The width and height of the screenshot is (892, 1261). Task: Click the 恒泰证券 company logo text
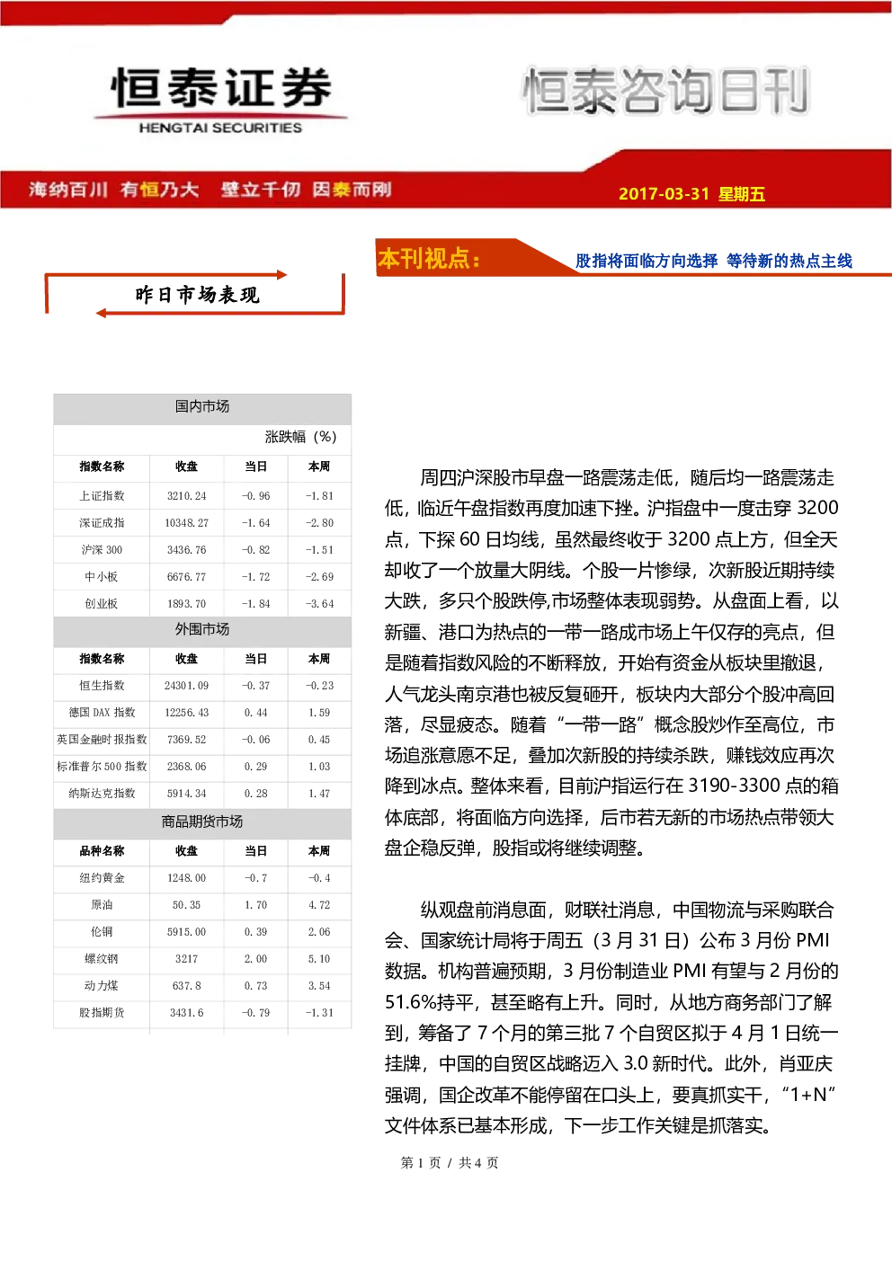click(220, 88)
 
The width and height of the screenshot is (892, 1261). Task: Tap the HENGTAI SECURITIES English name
click(220, 128)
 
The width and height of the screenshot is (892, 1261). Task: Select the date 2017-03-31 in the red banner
click(664, 193)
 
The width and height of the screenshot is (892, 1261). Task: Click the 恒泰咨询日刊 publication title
click(666, 91)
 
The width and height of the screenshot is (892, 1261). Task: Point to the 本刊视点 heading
click(429, 258)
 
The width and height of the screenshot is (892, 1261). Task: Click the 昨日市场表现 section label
click(197, 295)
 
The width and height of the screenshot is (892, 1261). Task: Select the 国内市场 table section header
click(202, 406)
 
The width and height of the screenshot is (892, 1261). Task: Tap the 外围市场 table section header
click(202, 629)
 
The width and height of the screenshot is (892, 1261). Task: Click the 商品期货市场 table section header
click(202, 821)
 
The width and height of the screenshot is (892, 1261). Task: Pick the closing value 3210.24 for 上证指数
click(186, 495)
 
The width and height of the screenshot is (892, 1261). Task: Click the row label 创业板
click(102, 603)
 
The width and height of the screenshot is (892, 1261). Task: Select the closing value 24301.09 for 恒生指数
click(186, 685)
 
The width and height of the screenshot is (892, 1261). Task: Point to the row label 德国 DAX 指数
click(102, 712)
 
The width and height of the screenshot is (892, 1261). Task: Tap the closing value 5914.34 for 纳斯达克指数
click(186, 794)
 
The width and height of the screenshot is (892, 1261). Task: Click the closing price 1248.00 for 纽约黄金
click(186, 877)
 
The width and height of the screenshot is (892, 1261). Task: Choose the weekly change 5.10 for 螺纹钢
click(319, 959)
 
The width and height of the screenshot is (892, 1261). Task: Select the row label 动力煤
click(102, 986)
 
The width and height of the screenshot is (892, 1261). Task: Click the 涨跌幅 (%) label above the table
click(300, 437)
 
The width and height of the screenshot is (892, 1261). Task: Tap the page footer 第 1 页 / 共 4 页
click(449, 1162)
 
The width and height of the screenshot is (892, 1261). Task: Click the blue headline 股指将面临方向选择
click(647, 261)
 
